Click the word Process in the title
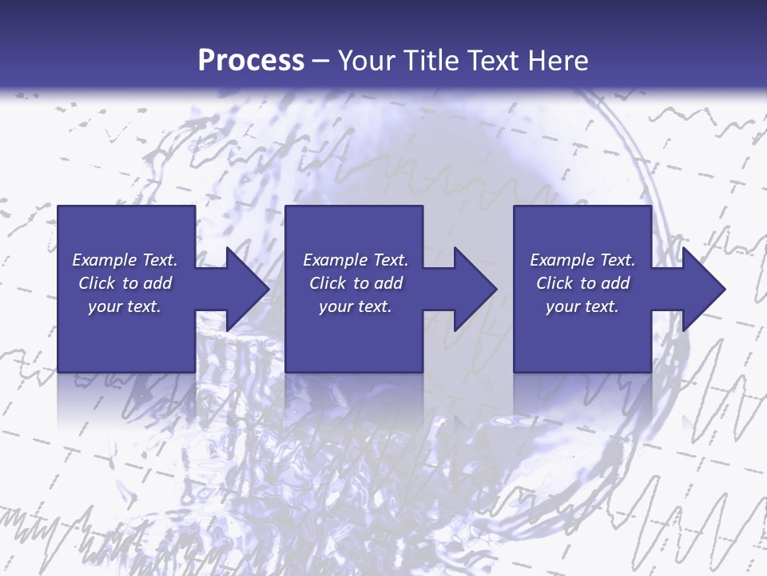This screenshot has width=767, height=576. pyautogui.click(x=251, y=61)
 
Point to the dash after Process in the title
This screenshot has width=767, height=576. pyautogui.click(x=321, y=62)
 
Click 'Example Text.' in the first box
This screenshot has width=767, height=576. pyautogui.click(x=125, y=260)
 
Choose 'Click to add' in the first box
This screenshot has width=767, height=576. pyautogui.click(x=125, y=283)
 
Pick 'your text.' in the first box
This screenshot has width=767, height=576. pyautogui.click(x=125, y=306)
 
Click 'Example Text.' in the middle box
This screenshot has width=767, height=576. pyautogui.click(x=356, y=260)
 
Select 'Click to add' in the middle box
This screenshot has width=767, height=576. pyautogui.click(x=356, y=283)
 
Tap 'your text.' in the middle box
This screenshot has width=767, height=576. pyautogui.click(x=356, y=306)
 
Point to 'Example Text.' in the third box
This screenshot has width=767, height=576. pyautogui.click(x=582, y=260)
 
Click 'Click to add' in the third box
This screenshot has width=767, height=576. pyautogui.click(x=582, y=283)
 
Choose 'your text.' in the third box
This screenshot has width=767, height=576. pyautogui.click(x=582, y=306)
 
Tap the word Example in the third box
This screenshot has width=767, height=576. pyautogui.click(x=562, y=260)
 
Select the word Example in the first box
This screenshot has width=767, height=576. pyautogui.click(x=104, y=260)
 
